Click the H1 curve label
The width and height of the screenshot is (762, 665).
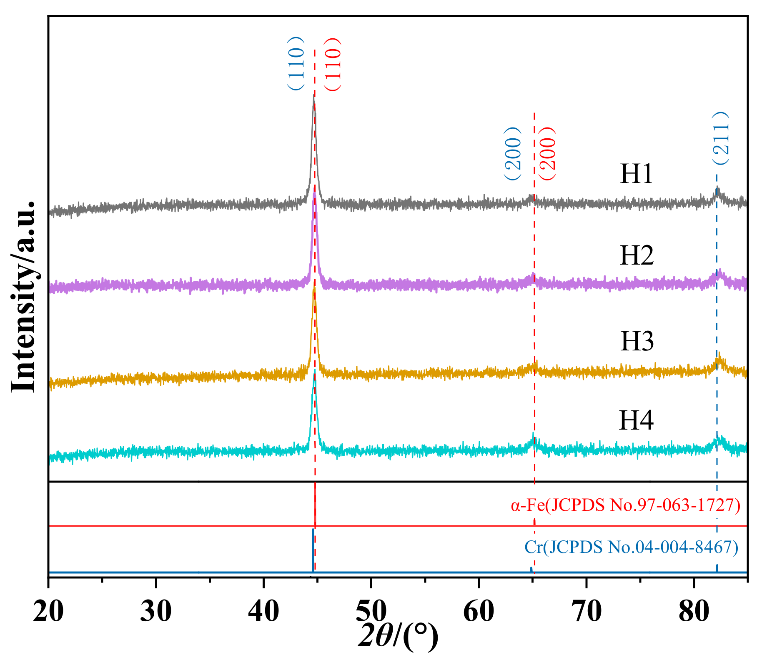(636, 173)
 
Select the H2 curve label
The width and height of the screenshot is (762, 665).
(637, 255)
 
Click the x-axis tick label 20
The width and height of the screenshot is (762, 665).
(49, 611)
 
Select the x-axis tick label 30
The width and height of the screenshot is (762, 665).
(156, 611)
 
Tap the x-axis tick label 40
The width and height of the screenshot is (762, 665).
(263, 611)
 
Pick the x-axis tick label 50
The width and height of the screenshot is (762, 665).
(371, 611)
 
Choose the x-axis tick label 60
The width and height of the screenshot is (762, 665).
(479, 611)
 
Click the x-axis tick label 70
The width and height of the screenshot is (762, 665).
(586, 611)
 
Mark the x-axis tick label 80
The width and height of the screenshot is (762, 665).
(694, 611)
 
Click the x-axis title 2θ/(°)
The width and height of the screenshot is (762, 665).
(398, 636)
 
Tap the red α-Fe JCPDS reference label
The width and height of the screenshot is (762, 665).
(625, 505)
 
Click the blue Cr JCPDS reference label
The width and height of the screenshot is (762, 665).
(631, 547)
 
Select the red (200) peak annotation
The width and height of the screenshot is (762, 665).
(547, 153)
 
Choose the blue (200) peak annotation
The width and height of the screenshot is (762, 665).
(512, 153)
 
